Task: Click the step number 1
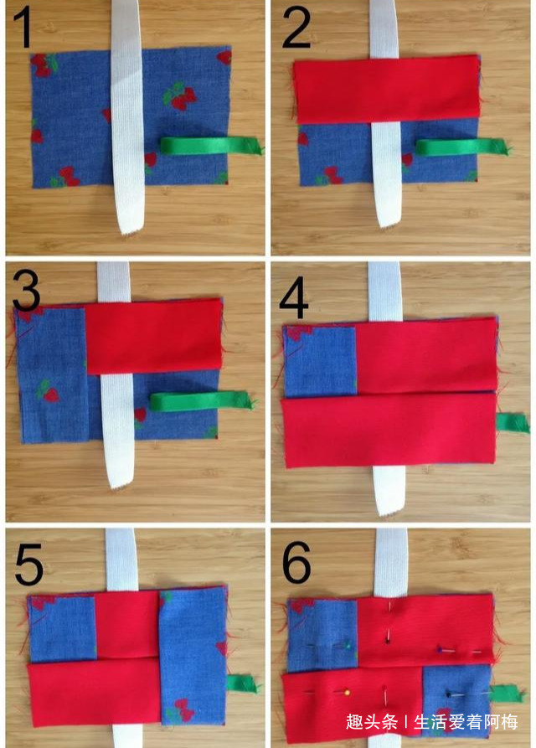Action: click(23, 28)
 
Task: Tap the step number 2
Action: click(296, 28)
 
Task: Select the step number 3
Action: click(26, 290)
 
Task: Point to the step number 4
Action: click(294, 298)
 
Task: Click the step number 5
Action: click(28, 565)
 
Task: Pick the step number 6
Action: click(296, 562)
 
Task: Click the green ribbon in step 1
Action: click(212, 145)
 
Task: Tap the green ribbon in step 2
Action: click(462, 147)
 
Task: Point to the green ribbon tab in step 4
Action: click(513, 423)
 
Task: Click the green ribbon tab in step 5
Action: click(243, 684)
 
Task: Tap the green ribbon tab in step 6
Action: click(507, 694)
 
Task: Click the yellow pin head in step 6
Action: click(348, 692)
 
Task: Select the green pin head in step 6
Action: click(348, 647)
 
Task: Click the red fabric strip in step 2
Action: click(386, 89)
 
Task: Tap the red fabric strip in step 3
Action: click(154, 337)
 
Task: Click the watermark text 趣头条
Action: click(372, 722)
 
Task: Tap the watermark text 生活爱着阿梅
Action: click(466, 722)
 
